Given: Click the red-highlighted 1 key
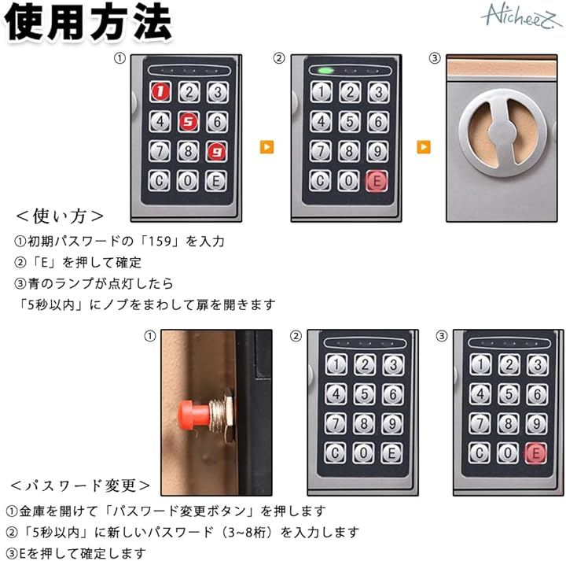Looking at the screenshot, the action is click(x=160, y=92).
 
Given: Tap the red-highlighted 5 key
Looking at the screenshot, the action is click(x=189, y=121).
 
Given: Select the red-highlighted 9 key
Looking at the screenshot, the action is click(x=217, y=151).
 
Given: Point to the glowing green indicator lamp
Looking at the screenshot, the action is click(x=325, y=71).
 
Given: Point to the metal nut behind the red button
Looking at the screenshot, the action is click(x=221, y=413).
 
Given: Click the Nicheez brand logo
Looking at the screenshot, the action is click(x=522, y=17).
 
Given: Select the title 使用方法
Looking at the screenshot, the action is click(x=88, y=22).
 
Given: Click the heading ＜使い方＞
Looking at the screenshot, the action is click(x=60, y=216).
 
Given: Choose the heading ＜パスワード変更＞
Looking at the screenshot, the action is click(x=80, y=485).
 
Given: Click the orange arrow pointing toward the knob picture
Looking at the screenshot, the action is click(x=424, y=147).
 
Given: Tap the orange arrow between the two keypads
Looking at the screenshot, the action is click(x=266, y=147).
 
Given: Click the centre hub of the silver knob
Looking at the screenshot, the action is click(x=503, y=133).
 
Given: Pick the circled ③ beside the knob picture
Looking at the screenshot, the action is click(x=435, y=57).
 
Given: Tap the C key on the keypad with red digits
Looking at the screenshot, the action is click(x=159, y=180).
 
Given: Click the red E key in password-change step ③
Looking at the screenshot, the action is click(x=535, y=452).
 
